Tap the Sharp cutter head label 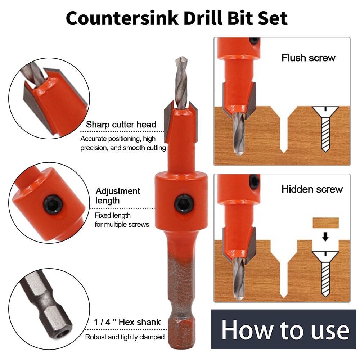click(121, 125)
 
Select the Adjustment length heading click(118, 195)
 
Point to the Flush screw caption click(308, 58)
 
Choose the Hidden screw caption click(312, 189)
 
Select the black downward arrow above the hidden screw click(325, 237)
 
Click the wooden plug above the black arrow click(325, 223)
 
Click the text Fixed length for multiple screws click(122, 220)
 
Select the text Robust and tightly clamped click(125, 337)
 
